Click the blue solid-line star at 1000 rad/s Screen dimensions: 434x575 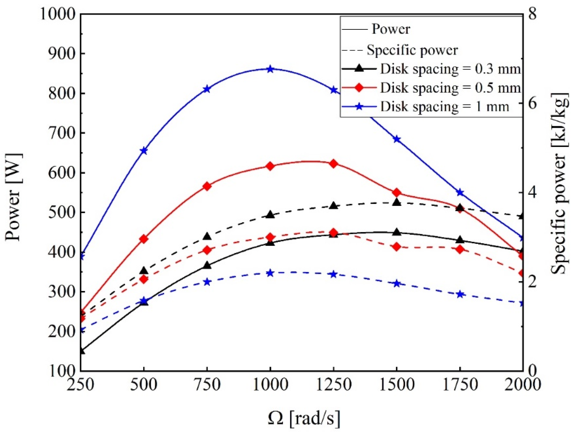click(270, 69)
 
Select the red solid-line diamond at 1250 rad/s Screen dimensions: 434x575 click(333, 164)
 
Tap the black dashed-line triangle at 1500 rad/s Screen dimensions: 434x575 click(397, 202)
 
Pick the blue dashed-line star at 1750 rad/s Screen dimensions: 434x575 click(460, 294)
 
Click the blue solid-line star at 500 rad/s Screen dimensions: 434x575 click(144, 151)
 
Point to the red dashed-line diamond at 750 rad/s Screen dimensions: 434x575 click(207, 250)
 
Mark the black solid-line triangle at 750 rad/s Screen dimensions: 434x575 click(207, 265)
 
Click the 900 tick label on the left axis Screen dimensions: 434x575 click(61, 54)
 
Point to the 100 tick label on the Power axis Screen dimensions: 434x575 click(61, 371)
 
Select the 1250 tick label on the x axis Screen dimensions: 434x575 click(333, 384)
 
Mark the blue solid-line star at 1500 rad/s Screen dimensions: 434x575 click(397, 139)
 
